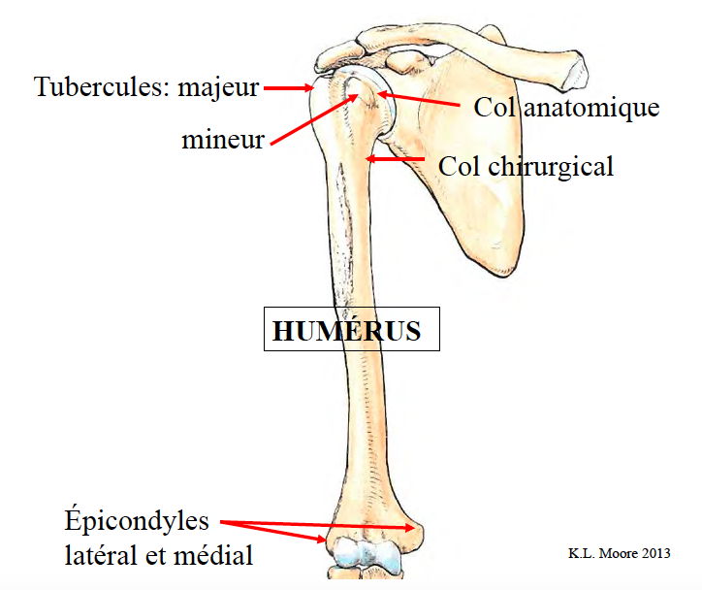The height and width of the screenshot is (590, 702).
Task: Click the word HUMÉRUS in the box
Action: click(x=347, y=331)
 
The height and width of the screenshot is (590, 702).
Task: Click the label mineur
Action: click(x=223, y=140)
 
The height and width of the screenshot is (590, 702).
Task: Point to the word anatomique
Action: click(x=591, y=107)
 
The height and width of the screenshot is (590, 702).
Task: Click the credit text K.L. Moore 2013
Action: click(x=619, y=553)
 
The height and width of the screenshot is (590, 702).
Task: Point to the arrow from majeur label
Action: click(x=287, y=88)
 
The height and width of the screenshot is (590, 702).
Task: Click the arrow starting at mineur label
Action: click(x=310, y=120)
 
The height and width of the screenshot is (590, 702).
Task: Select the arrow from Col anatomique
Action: click(x=417, y=99)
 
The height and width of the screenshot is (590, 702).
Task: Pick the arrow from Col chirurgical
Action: click(x=398, y=158)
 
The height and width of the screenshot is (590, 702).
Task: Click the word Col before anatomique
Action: click(x=495, y=107)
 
